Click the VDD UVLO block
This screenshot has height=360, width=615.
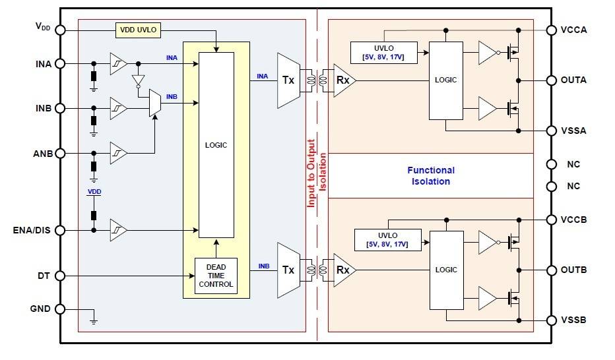[139, 30]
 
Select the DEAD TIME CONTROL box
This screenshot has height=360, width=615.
[216, 276]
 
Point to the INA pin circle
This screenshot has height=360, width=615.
[60, 63]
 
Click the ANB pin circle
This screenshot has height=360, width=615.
[60, 154]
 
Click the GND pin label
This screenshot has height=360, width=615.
[39, 309]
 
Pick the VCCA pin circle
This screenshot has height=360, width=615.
[550, 30]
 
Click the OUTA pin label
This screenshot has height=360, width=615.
[573, 80]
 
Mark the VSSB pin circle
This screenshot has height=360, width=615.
[550, 320]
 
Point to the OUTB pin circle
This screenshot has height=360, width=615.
[550, 270]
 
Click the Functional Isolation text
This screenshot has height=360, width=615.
[430, 175]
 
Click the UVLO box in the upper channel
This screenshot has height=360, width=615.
[384, 51]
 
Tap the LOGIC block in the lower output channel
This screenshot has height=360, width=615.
[446, 270]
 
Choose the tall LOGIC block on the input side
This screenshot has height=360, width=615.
[216, 145]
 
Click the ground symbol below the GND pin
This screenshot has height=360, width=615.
[93, 321]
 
